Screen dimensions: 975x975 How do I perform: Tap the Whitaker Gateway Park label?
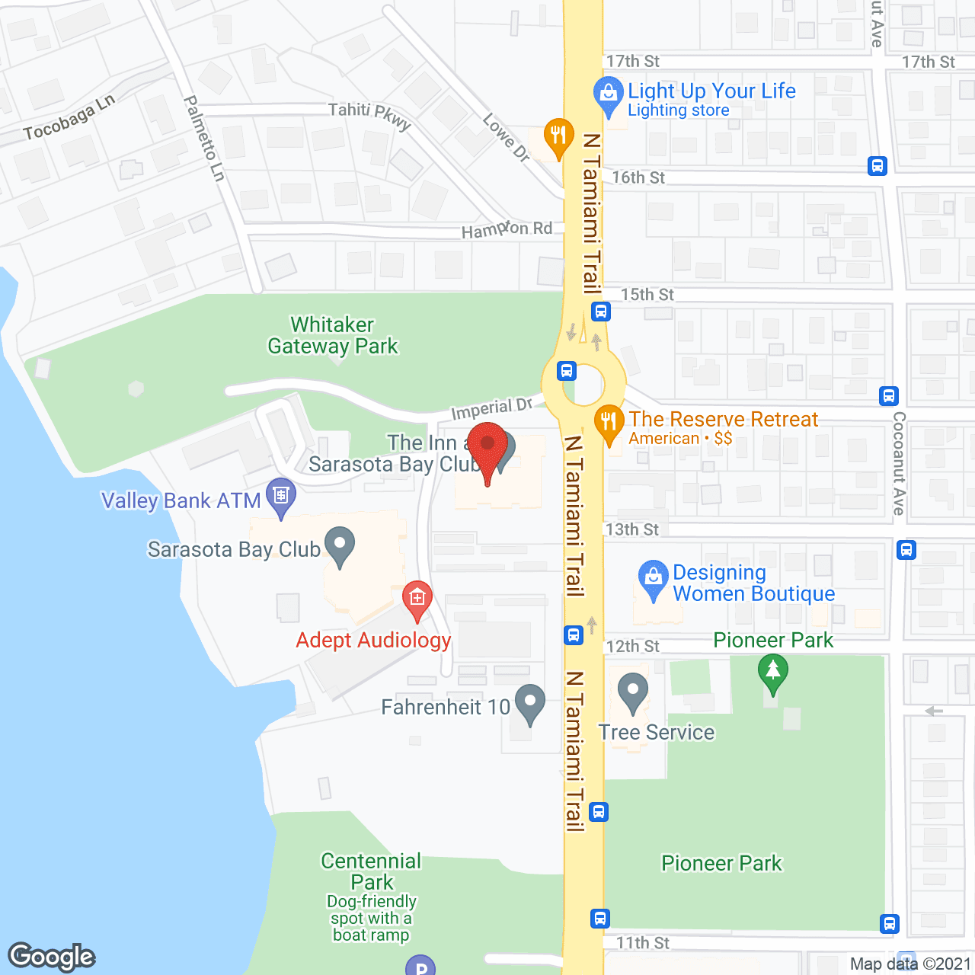point(333,336)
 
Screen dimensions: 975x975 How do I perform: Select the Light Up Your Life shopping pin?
point(608,96)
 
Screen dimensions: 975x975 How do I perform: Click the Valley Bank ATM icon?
point(281,497)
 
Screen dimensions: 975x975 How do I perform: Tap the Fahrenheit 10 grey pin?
point(529,704)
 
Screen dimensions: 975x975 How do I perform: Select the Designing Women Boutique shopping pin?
point(653,580)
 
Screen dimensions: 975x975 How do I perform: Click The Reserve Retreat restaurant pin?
point(608,424)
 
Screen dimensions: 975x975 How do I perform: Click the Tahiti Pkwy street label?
point(369,115)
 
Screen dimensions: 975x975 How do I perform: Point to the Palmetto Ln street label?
point(204,138)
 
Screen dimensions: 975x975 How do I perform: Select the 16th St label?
point(638,177)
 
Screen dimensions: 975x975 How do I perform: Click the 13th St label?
point(631,529)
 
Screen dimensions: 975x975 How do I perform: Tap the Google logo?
point(52,957)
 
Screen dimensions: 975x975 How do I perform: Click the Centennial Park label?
point(371,871)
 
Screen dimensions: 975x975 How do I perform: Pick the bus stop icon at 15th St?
point(600,311)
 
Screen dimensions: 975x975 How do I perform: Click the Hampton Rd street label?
point(507,229)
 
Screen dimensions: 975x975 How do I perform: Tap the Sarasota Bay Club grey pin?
point(340,546)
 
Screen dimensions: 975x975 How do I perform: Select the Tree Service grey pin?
point(632,692)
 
